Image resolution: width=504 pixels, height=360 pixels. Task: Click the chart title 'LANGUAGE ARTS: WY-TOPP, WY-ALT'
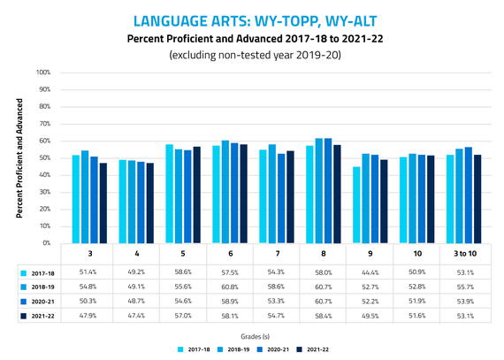click(x=252, y=19)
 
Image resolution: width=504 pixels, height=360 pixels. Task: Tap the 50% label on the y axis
click(x=43, y=157)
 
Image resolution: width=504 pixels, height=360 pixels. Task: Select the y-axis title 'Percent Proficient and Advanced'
click(x=19, y=158)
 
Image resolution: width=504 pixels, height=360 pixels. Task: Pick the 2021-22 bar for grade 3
click(x=103, y=203)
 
